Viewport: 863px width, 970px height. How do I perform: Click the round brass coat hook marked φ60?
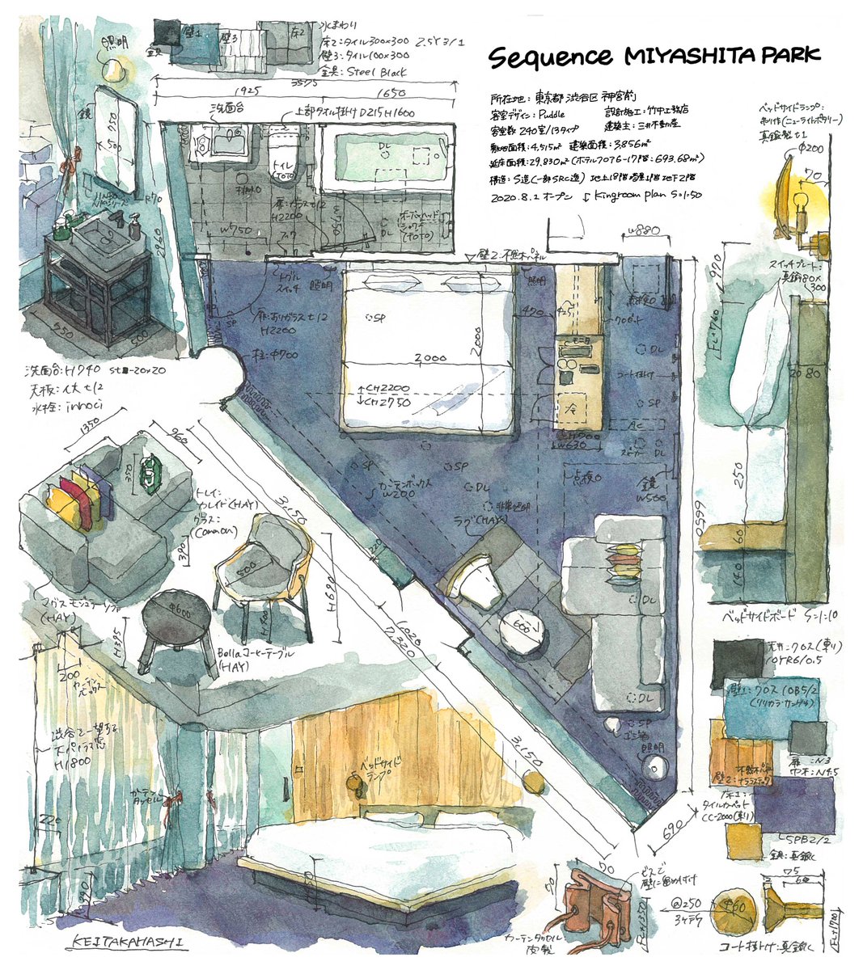point(734,906)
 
